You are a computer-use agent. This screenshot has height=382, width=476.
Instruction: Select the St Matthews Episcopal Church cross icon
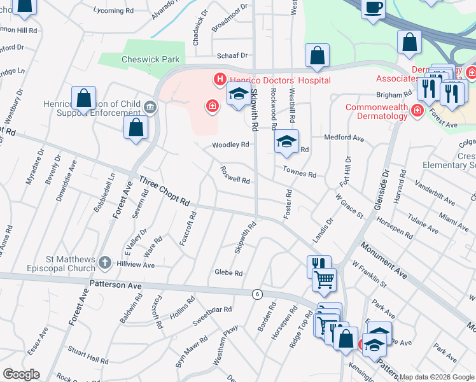point(105,262)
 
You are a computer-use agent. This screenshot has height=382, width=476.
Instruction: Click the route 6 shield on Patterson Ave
point(257,294)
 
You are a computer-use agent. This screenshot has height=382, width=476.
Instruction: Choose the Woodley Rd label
point(230,145)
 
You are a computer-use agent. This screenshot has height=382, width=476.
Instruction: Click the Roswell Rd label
point(234,176)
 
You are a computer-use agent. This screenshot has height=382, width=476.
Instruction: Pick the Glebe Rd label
point(228,273)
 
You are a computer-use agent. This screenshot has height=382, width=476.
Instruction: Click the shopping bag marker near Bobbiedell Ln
point(136,128)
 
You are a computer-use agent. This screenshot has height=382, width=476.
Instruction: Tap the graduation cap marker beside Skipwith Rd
point(239,95)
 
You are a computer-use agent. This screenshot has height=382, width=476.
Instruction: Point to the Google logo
point(21,374)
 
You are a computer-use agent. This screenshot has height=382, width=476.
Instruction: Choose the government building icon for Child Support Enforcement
point(151,106)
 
